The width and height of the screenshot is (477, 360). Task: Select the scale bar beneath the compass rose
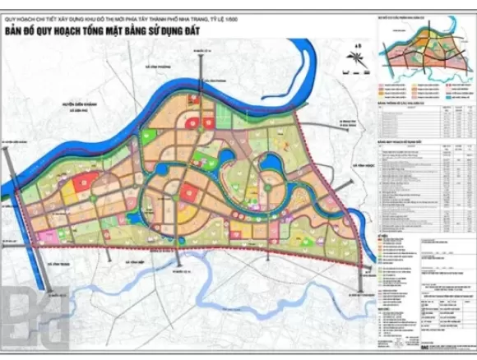(356, 75)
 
